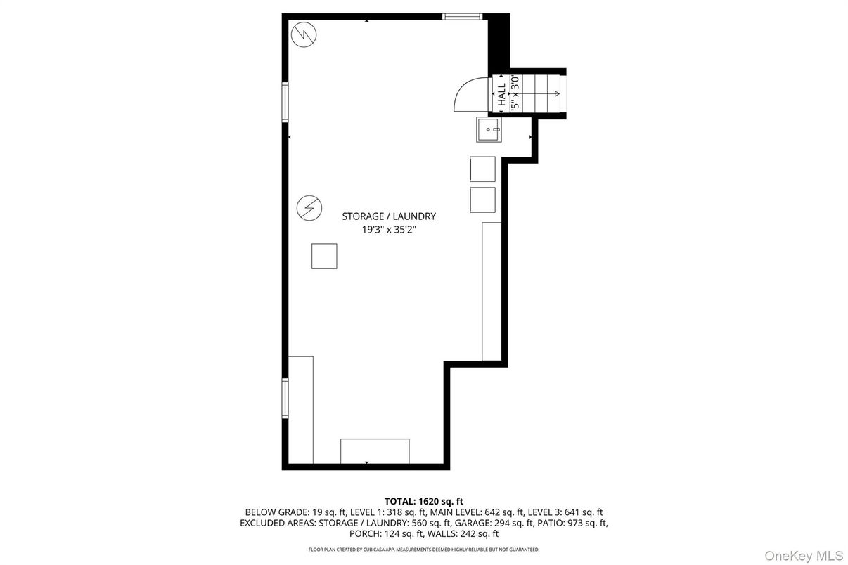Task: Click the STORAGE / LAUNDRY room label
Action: [x=389, y=216]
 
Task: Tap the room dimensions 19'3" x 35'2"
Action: [x=389, y=229]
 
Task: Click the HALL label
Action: [x=501, y=95]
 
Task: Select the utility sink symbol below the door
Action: [x=489, y=130]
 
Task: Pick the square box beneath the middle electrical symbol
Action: [x=324, y=256]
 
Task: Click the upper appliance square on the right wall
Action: [x=482, y=169]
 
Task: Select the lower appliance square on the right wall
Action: [x=482, y=200]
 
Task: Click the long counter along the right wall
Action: [x=492, y=292]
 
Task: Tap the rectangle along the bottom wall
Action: [x=375, y=451]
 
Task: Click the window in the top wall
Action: [x=461, y=16]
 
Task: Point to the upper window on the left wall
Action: [x=285, y=103]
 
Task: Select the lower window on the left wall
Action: [x=285, y=398]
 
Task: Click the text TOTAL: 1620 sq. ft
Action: [x=424, y=501]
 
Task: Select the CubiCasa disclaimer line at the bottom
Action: [x=424, y=550]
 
